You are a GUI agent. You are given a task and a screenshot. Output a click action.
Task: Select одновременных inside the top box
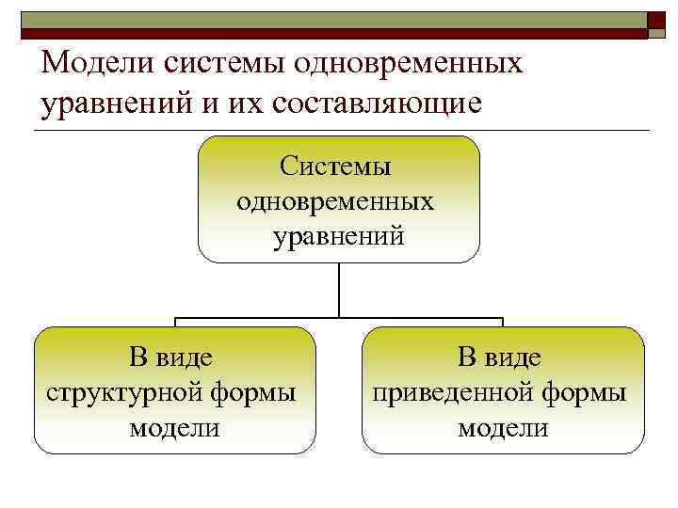tap(336, 201)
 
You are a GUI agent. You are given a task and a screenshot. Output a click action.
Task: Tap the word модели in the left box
tap(174, 428)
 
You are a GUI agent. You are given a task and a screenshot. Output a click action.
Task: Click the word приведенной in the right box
tap(451, 392)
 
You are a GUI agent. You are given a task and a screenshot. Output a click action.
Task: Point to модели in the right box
tap(503, 428)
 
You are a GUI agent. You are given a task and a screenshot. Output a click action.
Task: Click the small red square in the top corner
tap(656, 24)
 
